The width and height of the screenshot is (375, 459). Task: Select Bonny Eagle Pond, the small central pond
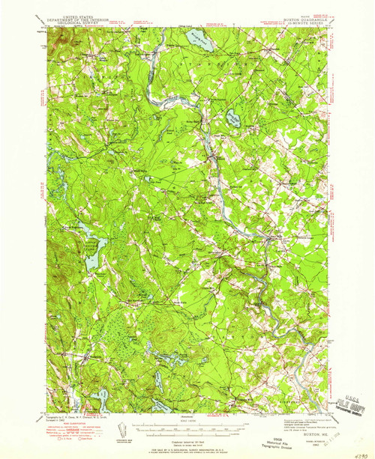coord(232,118)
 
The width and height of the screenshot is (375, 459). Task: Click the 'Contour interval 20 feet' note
coord(187,432)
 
